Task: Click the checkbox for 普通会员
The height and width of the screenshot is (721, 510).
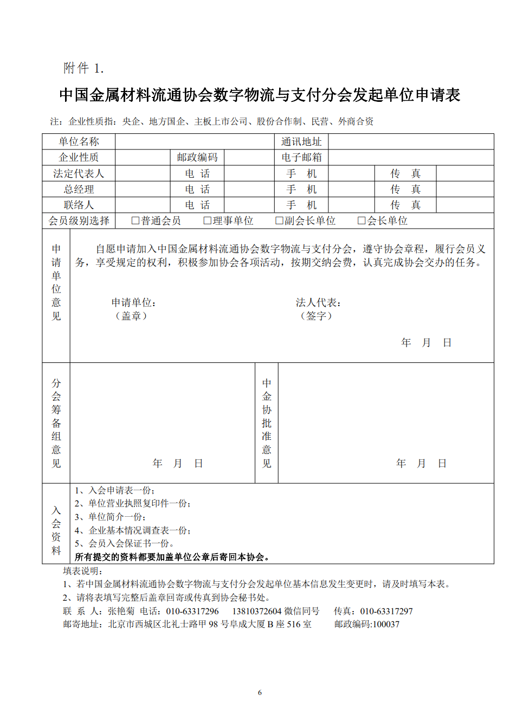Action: [x=135, y=221]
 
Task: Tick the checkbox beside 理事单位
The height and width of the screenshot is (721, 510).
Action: [x=207, y=221]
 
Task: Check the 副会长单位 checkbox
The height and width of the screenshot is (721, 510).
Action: [x=279, y=221]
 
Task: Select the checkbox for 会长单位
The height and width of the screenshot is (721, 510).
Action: [x=361, y=221]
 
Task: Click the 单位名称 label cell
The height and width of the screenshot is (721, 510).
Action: [x=79, y=142]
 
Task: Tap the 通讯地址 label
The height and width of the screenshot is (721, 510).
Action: [x=301, y=142]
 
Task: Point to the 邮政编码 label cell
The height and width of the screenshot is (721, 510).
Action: [x=197, y=158]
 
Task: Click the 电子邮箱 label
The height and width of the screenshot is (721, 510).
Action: [x=301, y=158]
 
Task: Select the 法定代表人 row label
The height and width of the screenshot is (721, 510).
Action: [x=79, y=174]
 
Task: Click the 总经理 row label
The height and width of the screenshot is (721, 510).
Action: [x=79, y=190]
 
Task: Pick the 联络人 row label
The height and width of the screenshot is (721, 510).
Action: [x=79, y=205]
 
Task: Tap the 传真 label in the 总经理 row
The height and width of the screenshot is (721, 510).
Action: [x=405, y=190]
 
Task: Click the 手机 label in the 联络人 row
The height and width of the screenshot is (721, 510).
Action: [x=301, y=205]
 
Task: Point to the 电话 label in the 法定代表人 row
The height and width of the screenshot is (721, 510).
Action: [x=197, y=174]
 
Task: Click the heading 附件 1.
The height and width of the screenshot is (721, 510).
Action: [x=83, y=68]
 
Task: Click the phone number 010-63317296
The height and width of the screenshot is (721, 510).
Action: [x=192, y=612]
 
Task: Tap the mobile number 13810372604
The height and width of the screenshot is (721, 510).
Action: [x=257, y=612]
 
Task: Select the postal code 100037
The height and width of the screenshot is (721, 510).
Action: [x=386, y=625]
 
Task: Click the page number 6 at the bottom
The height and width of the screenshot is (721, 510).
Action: [x=260, y=693]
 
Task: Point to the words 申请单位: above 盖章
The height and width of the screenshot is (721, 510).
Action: [x=134, y=303]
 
